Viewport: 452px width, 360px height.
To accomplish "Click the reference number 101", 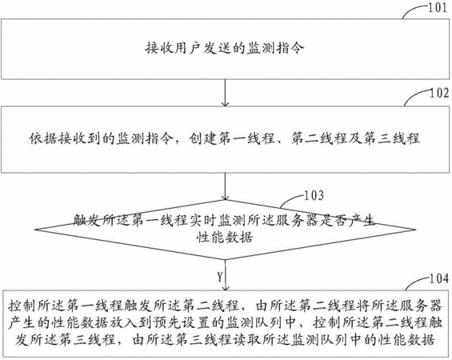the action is point(438,8).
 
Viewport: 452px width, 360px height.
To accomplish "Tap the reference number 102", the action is point(439,93).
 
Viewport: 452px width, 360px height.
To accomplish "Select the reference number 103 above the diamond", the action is point(314,195).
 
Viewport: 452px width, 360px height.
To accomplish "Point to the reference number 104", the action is point(439,278).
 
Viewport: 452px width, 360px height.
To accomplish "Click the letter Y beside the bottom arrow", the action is point(220,278).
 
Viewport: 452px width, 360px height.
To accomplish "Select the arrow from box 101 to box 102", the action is point(225,93).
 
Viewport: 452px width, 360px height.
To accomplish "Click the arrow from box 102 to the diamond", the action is point(225,186).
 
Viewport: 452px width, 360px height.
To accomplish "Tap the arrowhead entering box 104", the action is point(225,287).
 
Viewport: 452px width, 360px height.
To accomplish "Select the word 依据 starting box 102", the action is point(43,138).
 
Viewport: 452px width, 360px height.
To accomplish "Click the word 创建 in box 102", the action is point(203,138).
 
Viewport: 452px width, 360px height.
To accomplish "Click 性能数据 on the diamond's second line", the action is point(225,238).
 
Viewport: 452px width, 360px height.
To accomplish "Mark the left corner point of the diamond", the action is point(35,230).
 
